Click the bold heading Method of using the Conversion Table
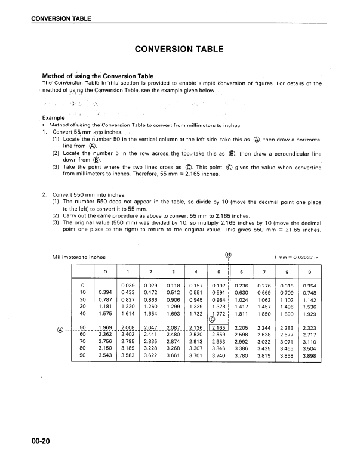click(98, 76)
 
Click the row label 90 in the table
click(83, 355)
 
